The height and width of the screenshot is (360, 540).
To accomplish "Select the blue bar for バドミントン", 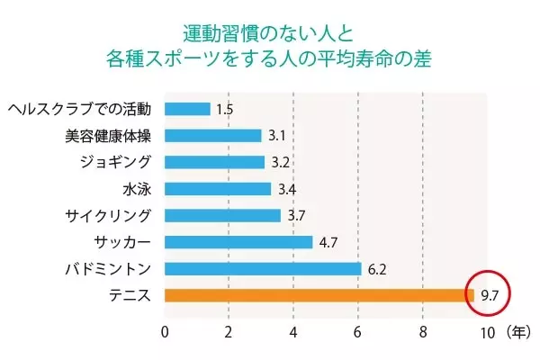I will tap(263, 268).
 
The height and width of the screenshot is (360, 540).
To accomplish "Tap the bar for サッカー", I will tap(238, 242).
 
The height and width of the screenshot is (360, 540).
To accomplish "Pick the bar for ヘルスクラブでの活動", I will tap(187, 109).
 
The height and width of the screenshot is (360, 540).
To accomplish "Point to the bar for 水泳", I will tap(218, 189).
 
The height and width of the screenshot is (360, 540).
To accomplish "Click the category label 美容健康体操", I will tap(108, 136).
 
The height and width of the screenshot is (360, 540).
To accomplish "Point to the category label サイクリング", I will tap(108, 216).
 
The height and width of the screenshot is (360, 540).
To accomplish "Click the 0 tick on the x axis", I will tap(165, 332).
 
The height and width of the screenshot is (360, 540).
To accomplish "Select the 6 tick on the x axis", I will tap(359, 332).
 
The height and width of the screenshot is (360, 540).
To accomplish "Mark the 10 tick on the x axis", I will tap(487, 332).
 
